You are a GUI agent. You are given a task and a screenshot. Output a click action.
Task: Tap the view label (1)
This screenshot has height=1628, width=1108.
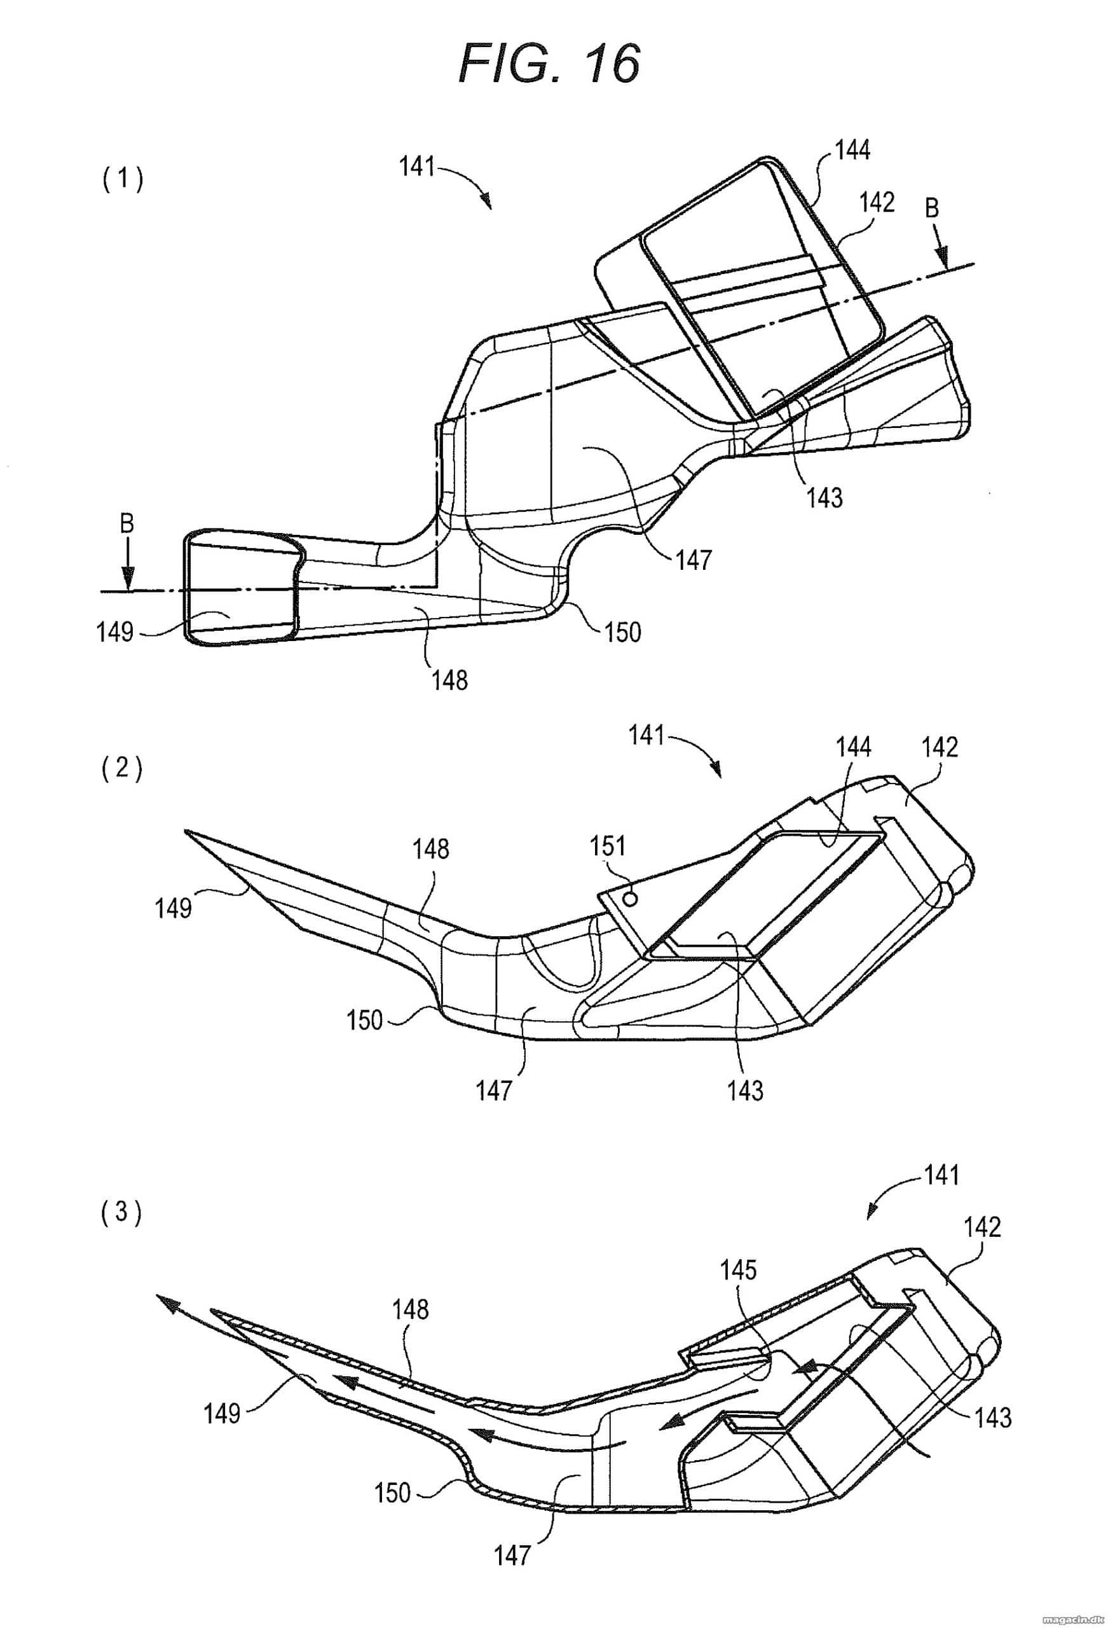(x=122, y=181)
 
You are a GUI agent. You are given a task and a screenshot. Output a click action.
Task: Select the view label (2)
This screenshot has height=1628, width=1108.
(x=122, y=770)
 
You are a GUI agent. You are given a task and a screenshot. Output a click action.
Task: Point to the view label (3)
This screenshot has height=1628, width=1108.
(x=122, y=1213)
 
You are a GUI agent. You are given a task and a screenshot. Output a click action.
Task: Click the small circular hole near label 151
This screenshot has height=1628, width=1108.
(x=633, y=897)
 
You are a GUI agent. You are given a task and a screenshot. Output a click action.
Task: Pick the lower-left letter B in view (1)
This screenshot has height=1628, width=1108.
(x=126, y=524)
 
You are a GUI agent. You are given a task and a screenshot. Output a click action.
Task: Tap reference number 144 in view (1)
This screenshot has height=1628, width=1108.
(x=852, y=150)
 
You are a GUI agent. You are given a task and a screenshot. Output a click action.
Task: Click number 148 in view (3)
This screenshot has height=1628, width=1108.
(x=411, y=1309)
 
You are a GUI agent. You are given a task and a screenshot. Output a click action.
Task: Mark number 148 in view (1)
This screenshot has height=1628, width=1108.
(x=450, y=679)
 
